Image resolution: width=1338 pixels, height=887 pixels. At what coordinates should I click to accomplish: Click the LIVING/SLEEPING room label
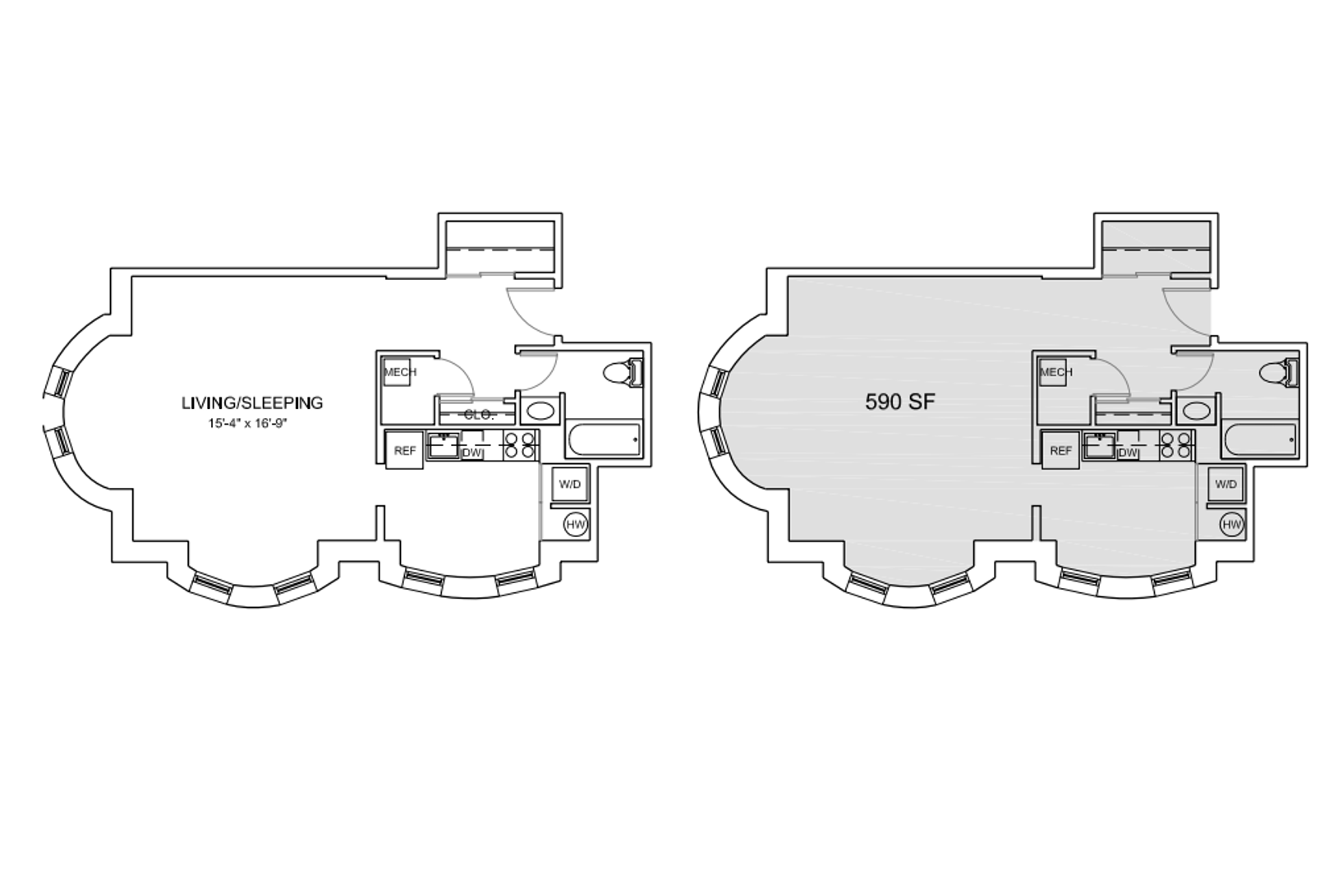252,403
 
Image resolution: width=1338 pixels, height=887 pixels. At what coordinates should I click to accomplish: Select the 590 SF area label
900,402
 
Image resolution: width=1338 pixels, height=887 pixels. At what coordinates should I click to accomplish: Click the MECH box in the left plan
398,372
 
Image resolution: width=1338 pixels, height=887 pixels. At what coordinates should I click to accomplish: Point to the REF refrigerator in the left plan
404,450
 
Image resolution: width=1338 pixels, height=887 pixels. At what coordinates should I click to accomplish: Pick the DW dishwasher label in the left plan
472,453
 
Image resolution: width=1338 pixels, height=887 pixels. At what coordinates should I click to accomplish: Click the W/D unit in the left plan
570,484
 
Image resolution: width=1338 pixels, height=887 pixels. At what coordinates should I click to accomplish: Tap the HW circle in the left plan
576,525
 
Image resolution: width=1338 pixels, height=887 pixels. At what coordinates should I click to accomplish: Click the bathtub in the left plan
604,439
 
